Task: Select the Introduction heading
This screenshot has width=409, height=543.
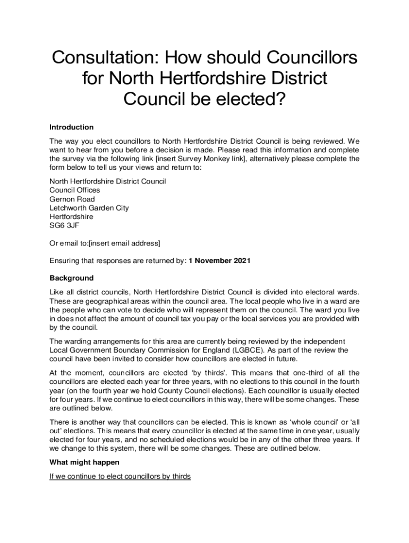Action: (x=72, y=127)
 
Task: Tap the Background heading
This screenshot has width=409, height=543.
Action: (x=72, y=278)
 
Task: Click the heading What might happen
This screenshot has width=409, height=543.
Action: (x=81, y=462)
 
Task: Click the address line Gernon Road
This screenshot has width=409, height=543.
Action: (x=72, y=199)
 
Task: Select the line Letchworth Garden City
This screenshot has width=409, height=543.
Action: (x=89, y=208)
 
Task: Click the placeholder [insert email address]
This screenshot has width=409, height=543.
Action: (x=124, y=243)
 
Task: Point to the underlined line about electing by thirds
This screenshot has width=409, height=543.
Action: (x=120, y=476)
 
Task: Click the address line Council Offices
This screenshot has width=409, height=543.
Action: (x=75, y=190)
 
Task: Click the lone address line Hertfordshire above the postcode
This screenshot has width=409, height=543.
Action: (x=71, y=217)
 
